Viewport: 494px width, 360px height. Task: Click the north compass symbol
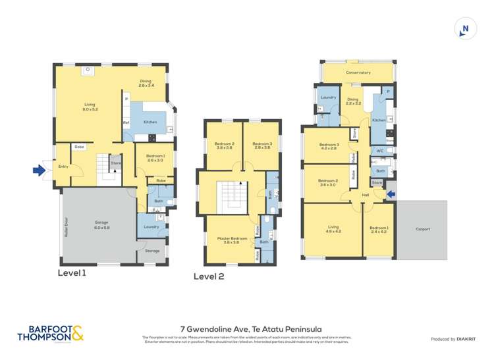[465, 28]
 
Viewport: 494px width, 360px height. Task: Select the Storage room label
[152, 251]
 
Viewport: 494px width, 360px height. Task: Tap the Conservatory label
[358, 72]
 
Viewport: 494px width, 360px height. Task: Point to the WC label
[380, 151]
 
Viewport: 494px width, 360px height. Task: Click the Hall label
[365, 195]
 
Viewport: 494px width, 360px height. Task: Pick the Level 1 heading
[72, 272]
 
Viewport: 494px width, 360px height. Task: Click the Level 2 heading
[209, 276]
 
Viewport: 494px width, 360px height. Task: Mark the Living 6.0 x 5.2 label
[90, 107]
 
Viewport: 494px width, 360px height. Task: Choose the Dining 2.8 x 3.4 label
[146, 83]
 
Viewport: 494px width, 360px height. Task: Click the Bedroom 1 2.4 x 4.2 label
[378, 230]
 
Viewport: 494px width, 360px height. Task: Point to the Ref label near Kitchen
[126, 122]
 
